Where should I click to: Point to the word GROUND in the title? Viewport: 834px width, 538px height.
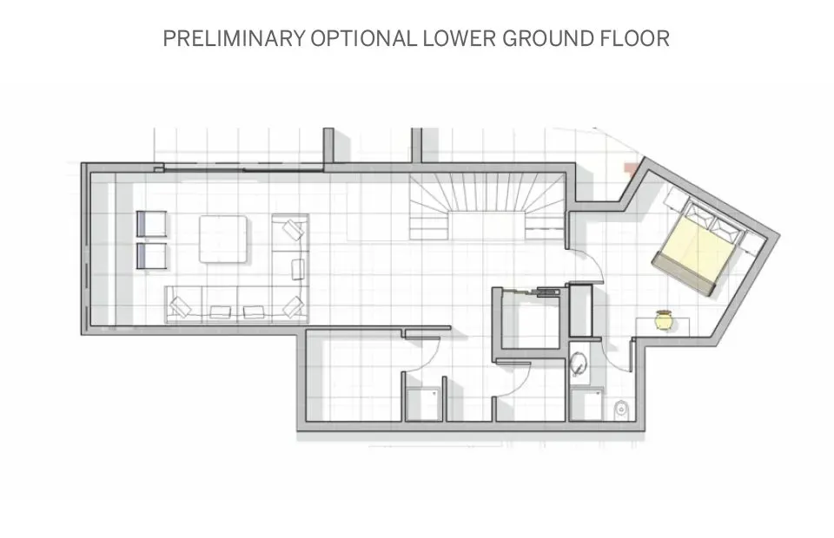pyautogui.click(x=551, y=39)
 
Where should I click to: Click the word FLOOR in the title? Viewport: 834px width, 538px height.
pyautogui.click(x=637, y=39)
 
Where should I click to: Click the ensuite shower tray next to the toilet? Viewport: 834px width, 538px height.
pyautogui.click(x=587, y=404)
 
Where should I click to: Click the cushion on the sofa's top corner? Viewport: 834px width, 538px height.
pyautogui.click(x=293, y=230)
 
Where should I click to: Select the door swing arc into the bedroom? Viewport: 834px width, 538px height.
pyautogui.click(x=586, y=265)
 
